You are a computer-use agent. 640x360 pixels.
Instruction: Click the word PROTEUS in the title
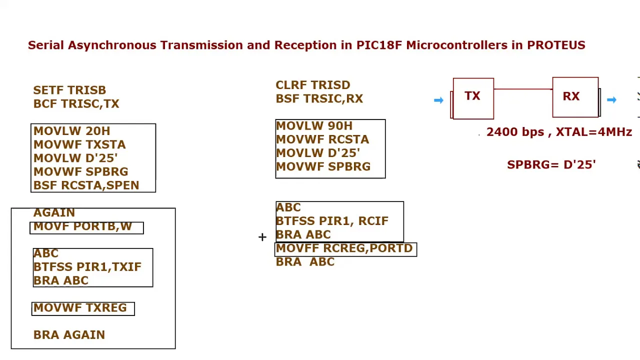[x=556, y=45]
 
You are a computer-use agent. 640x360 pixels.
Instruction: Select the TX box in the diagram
[x=473, y=98]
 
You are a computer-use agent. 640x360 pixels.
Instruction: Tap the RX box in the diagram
[x=575, y=97]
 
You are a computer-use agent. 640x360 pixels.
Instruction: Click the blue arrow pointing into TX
[x=438, y=100]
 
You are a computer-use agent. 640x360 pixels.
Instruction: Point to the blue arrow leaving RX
[x=611, y=99]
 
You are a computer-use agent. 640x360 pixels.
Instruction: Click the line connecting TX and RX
[x=523, y=89]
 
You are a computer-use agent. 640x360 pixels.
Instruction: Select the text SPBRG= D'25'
[x=551, y=165]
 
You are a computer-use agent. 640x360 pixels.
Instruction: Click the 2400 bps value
[x=515, y=132]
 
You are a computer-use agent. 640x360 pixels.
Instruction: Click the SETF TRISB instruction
[x=69, y=90]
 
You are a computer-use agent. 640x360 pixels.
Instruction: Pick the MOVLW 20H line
[x=71, y=131]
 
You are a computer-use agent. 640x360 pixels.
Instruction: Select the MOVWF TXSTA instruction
[x=79, y=144]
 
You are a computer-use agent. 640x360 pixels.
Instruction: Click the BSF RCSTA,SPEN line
[x=86, y=185]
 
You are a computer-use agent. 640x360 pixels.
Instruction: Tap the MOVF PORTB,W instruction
[x=82, y=226]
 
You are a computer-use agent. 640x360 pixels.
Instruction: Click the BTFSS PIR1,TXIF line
[x=87, y=267]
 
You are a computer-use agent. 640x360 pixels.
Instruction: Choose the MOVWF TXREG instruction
[x=80, y=307]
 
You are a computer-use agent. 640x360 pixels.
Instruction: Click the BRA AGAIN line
[x=69, y=335]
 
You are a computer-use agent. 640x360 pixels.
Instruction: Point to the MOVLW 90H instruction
[x=314, y=126]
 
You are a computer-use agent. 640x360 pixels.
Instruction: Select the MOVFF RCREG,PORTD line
[x=344, y=248]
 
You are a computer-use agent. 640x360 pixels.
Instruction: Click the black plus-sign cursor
[x=262, y=237]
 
